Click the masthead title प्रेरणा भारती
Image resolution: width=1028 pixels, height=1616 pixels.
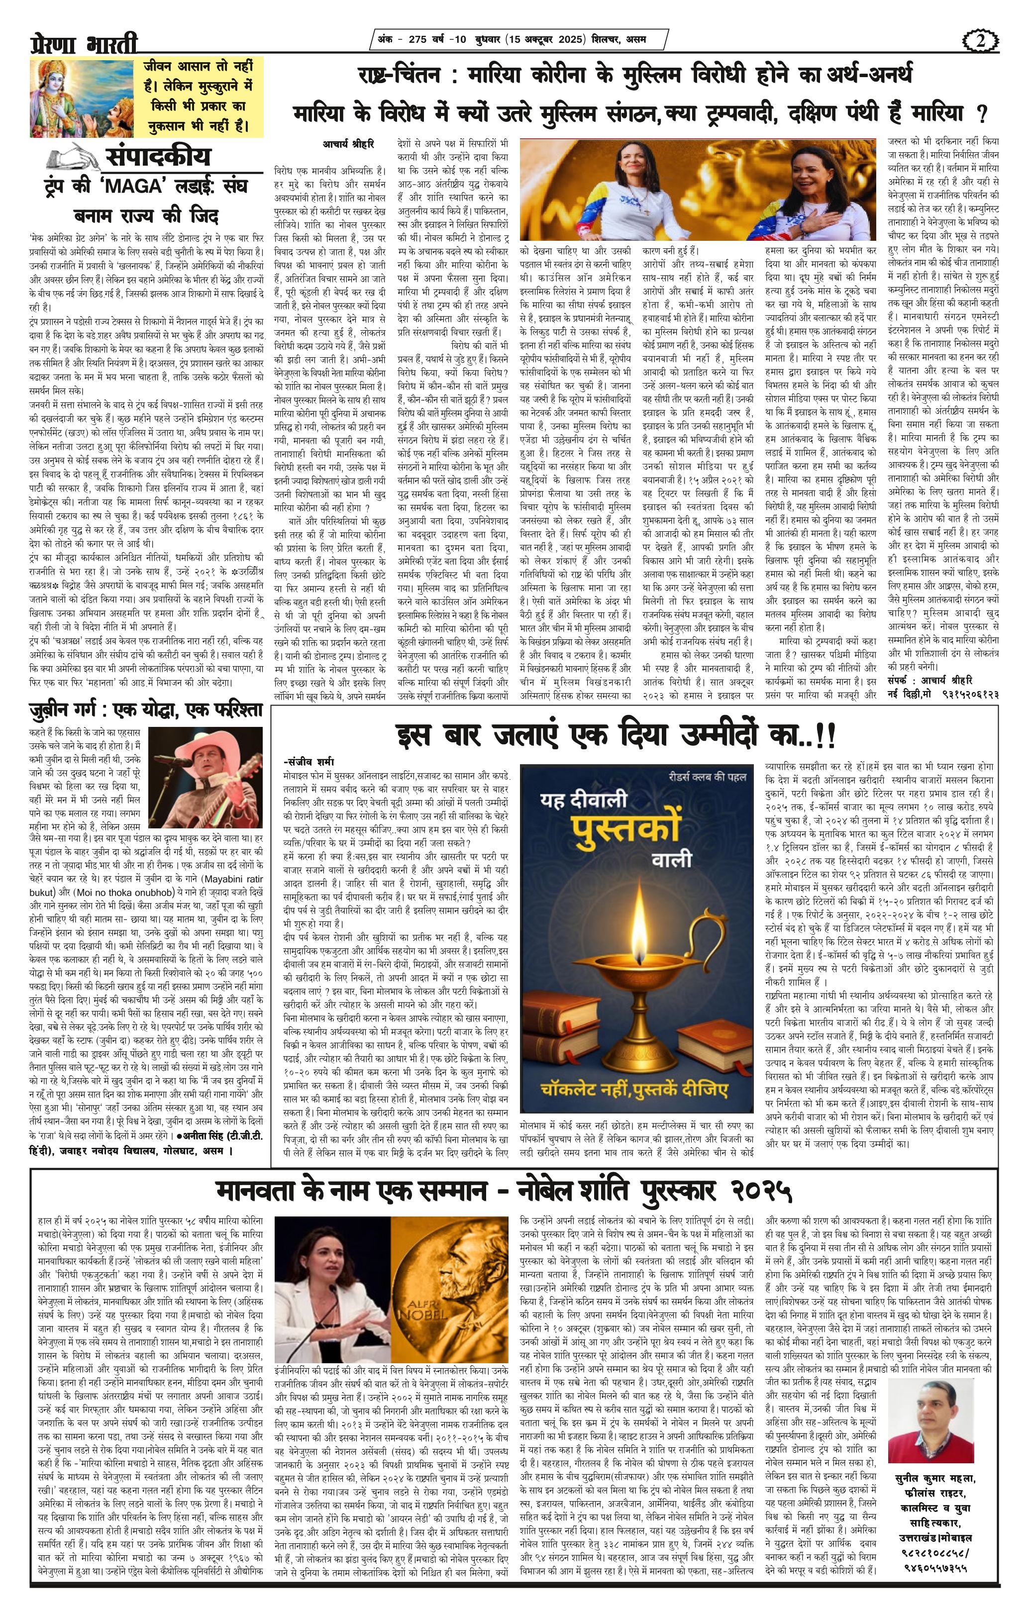[x=84, y=44]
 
